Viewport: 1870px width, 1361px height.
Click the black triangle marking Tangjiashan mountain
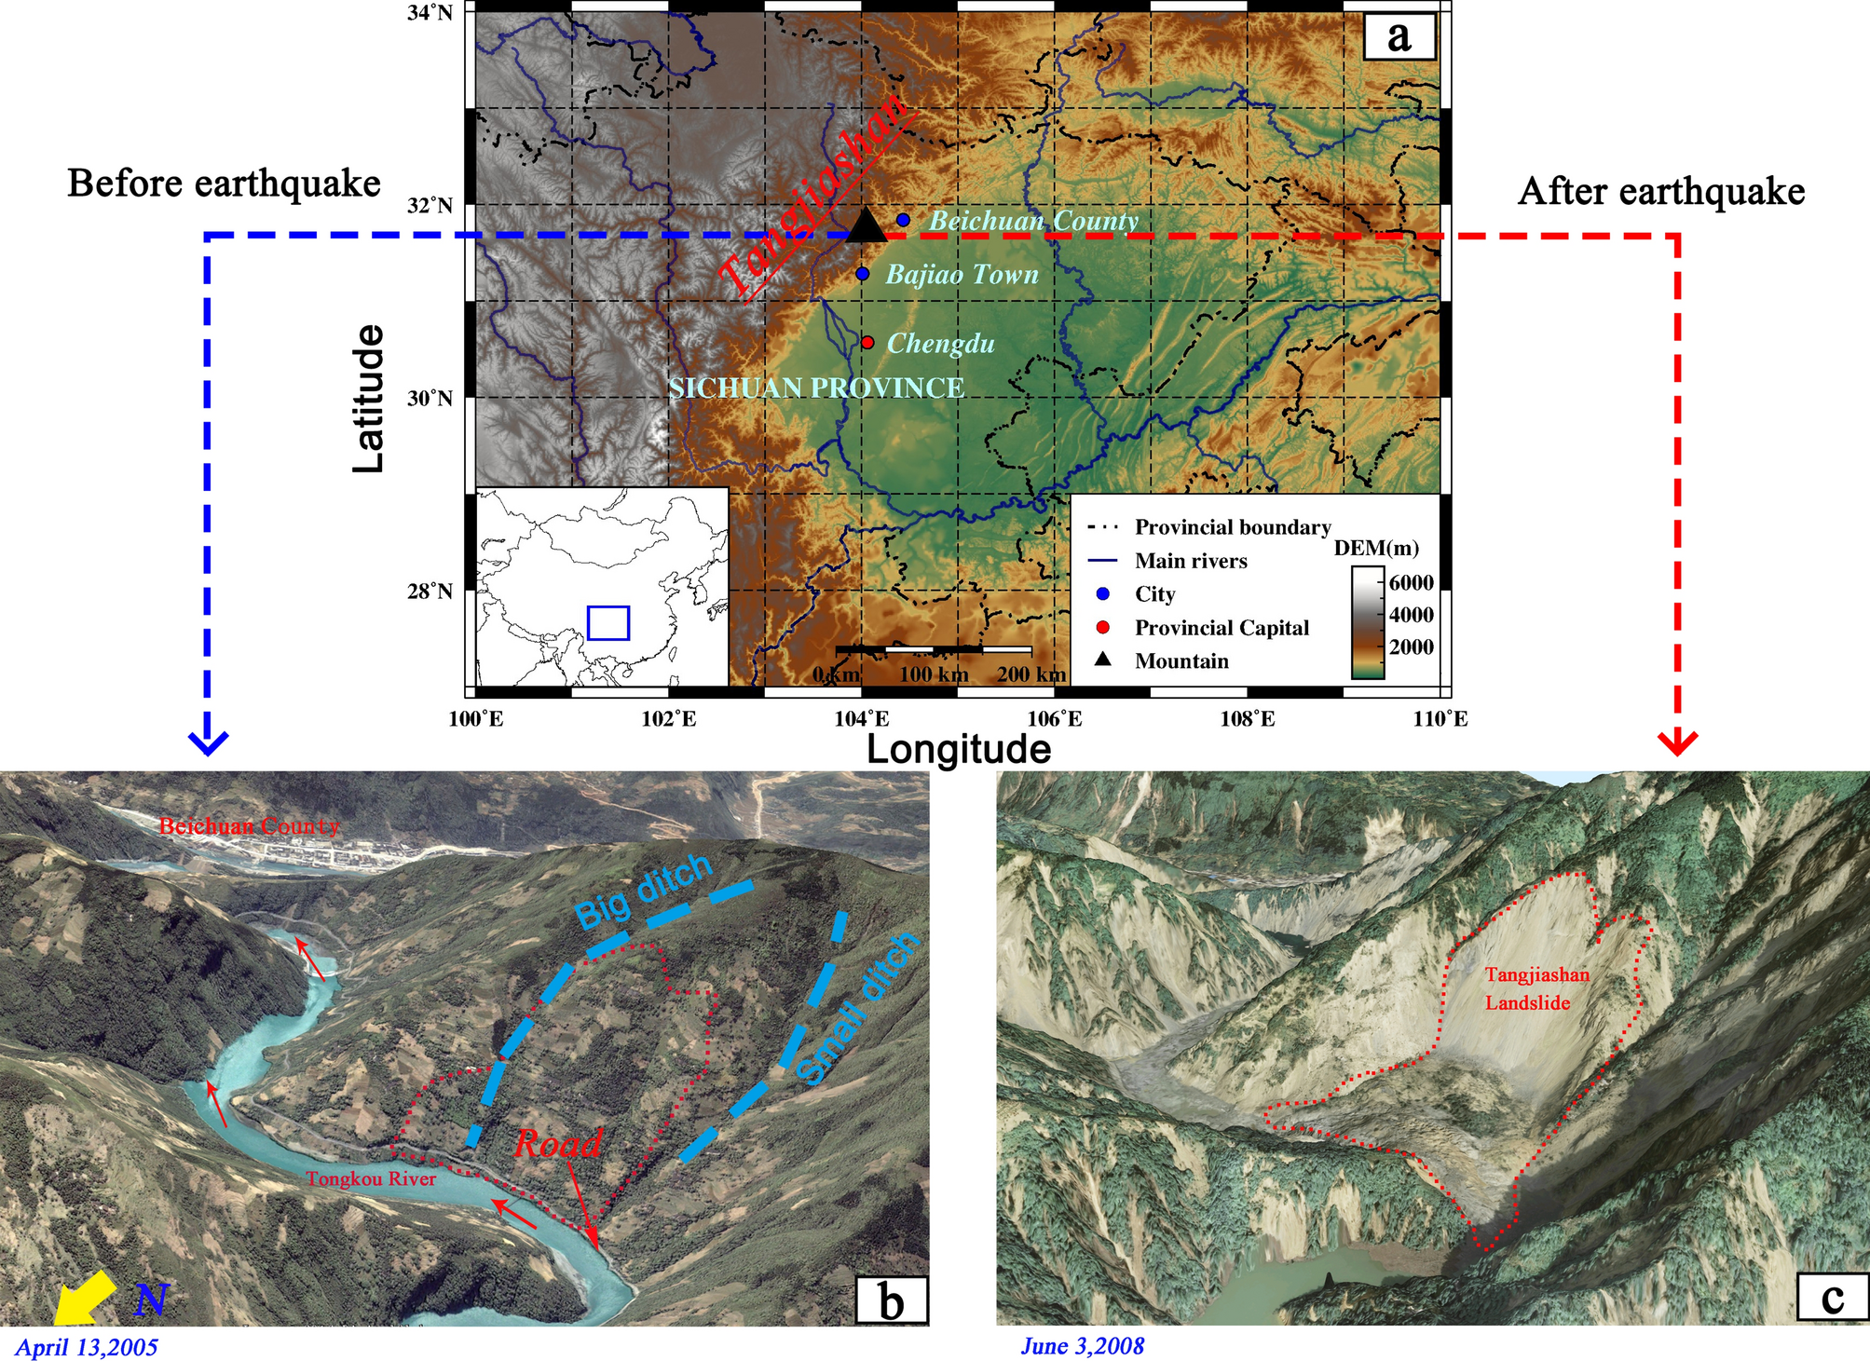[x=866, y=226]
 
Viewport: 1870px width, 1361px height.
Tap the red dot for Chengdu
[x=867, y=343]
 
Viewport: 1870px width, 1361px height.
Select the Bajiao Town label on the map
[x=962, y=275]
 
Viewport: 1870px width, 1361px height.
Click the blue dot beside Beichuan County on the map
[x=903, y=220]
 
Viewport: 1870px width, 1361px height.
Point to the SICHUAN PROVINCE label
[x=816, y=388]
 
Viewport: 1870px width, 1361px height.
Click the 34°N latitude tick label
[x=430, y=13]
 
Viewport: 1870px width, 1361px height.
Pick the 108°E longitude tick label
[x=1248, y=718]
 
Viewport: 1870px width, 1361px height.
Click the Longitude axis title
[x=959, y=749]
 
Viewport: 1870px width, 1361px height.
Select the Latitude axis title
[x=369, y=399]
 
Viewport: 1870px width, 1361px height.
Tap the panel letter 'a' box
[x=1399, y=37]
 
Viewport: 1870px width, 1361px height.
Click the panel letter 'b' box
[x=892, y=1300]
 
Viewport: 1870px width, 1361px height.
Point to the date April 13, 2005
[x=87, y=1347]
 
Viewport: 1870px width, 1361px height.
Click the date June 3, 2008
[x=1082, y=1346]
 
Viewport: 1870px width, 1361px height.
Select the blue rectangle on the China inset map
[x=608, y=622]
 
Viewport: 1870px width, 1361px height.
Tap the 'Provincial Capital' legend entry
[x=1221, y=628]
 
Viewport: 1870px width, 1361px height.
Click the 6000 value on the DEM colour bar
[x=1411, y=583]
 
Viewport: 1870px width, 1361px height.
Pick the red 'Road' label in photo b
[x=558, y=1144]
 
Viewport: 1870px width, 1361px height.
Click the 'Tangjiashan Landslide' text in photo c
[x=1536, y=988]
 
